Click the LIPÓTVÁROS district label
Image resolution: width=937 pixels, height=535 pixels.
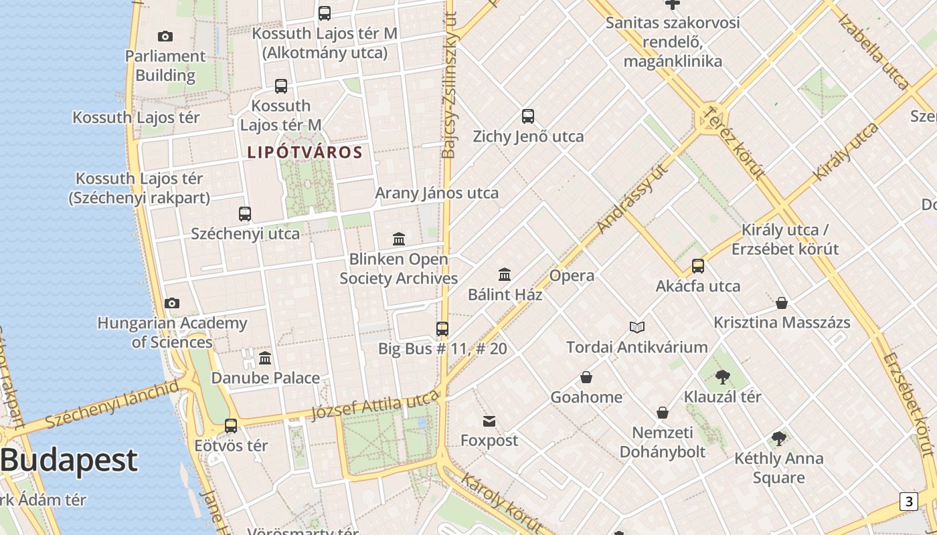305,152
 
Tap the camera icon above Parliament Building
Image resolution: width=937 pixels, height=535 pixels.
165,36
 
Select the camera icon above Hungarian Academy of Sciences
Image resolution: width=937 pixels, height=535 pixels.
172,303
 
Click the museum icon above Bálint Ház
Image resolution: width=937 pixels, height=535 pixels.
505,274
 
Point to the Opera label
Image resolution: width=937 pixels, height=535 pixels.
572,276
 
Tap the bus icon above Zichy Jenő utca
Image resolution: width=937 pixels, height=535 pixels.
528,116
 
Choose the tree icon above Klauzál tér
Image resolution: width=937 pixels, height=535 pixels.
722,377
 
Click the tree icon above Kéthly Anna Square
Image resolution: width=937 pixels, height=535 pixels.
778,439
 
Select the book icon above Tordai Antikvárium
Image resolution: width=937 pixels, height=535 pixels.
637,327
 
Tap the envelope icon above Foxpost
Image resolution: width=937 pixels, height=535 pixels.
489,421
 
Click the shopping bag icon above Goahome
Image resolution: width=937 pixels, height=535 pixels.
586,377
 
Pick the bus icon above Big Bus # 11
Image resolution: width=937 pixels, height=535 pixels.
442,328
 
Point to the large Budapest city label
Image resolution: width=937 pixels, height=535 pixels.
69,460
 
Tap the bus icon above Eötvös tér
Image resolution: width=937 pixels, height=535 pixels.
231,425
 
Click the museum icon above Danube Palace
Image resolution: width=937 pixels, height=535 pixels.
265,358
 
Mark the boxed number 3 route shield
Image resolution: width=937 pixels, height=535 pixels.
908,502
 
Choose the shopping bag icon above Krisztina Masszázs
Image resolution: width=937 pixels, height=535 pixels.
782,303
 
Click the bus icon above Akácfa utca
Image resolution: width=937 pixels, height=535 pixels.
698,266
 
